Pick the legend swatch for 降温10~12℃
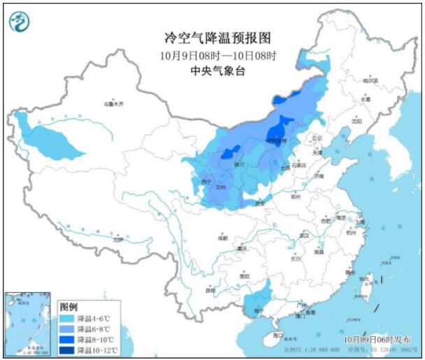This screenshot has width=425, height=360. (67, 350)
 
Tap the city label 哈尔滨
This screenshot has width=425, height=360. (370, 81)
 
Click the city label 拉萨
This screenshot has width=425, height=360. (119, 240)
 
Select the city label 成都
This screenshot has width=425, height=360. (222, 238)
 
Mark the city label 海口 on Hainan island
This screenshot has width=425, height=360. (278, 335)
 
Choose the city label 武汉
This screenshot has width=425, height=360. (303, 236)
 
